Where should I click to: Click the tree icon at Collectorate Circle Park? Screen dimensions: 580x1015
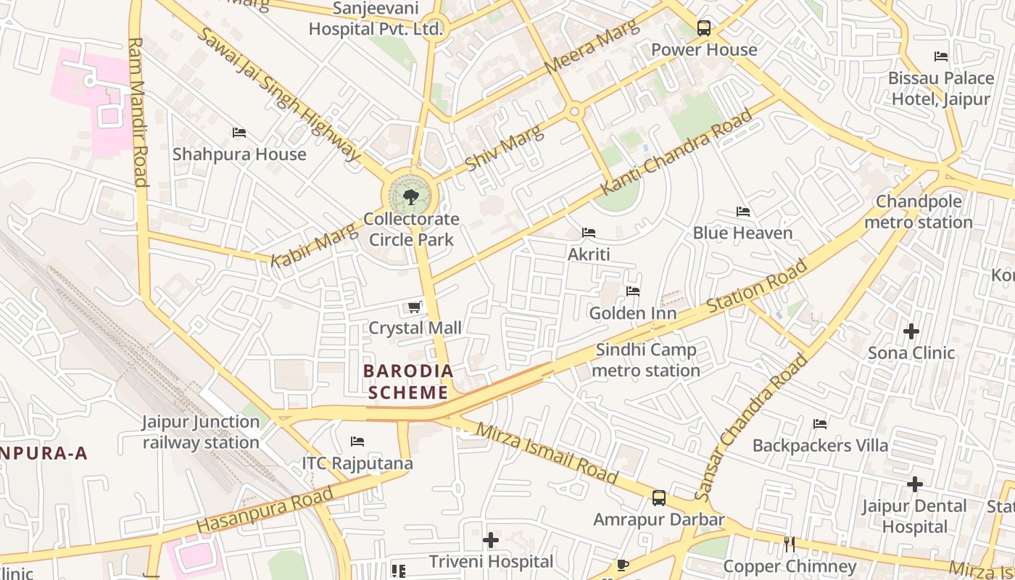[x=410, y=196]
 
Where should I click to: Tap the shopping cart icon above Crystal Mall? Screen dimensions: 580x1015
[x=414, y=307]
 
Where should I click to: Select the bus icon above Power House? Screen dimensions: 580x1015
[x=703, y=28]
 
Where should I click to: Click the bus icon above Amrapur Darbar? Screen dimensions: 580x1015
[x=658, y=498]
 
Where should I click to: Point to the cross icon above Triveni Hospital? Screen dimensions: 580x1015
[x=491, y=540]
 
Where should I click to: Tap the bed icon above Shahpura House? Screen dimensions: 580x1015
[x=239, y=133]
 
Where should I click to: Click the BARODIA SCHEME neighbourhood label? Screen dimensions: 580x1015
[x=408, y=381]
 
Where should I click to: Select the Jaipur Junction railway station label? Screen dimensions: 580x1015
[x=201, y=432]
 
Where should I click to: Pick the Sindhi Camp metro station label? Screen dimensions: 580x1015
[x=646, y=360]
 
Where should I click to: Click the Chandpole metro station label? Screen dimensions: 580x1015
[x=919, y=212]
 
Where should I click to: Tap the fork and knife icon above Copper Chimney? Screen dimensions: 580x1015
[x=790, y=544]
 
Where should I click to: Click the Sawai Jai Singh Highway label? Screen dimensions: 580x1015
[x=278, y=94]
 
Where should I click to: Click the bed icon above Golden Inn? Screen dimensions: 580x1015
[x=633, y=291]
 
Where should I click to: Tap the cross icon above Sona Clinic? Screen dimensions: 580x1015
[x=911, y=331]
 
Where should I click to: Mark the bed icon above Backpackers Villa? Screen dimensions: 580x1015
[x=820, y=423]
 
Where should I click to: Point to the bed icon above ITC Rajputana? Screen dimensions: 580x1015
[x=357, y=441]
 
